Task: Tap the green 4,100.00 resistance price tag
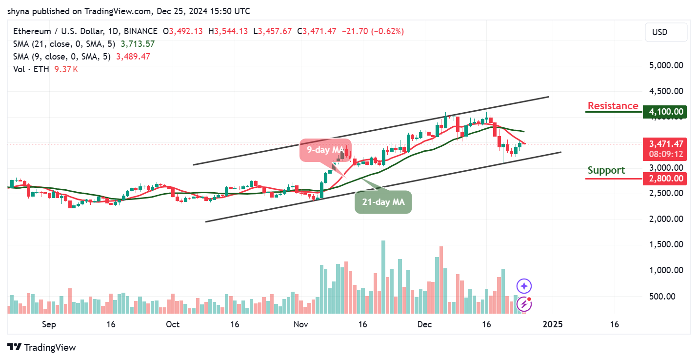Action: coord(665,112)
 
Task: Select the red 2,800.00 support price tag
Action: coord(665,179)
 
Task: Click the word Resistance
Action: coord(613,106)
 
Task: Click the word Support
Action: coord(606,170)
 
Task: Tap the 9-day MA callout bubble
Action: coord(325,150)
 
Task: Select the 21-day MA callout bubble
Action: coord(383,201)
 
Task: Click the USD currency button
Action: coord(665,32)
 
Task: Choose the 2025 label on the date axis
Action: coord(552,324)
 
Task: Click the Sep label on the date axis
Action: coord(49,324)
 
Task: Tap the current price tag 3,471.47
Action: coord(665,144)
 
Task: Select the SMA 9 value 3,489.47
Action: coord(133,57)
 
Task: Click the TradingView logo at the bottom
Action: coord(42,347)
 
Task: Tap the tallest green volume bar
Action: coord(383,277)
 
